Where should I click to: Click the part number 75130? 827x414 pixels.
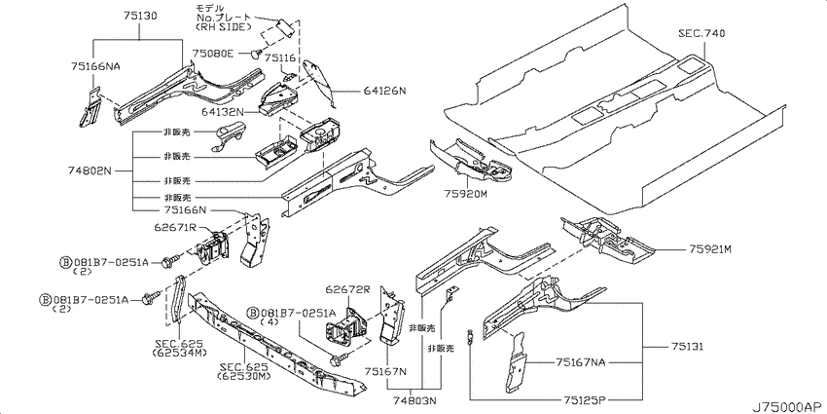coord(140,17)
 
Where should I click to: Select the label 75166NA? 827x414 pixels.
coord(95,66)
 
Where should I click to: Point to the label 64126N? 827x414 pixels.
coord(384,91)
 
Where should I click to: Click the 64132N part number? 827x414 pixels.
coord(223,111)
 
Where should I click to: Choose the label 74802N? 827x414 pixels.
coord(90,170)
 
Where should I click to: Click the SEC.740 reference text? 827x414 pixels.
coord(701,33)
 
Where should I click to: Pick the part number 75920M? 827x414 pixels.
coord(466,194)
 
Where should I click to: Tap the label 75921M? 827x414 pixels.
coord(710,249)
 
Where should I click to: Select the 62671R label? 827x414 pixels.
coord(176,227)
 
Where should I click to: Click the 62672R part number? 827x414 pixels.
coord(346,290)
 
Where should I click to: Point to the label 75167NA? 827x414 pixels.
coord(580,362)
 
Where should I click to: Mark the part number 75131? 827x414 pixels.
coord(688,347)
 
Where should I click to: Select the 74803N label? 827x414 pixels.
coord(415,400)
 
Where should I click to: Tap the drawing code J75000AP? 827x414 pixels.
coord(787,407)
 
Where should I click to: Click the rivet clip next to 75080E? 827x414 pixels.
coord(257,53)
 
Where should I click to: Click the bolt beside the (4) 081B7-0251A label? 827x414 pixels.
coord(335,360)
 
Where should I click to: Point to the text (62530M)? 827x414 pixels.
coord(243,376)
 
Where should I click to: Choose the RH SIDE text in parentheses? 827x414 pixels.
coord(223,26)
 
